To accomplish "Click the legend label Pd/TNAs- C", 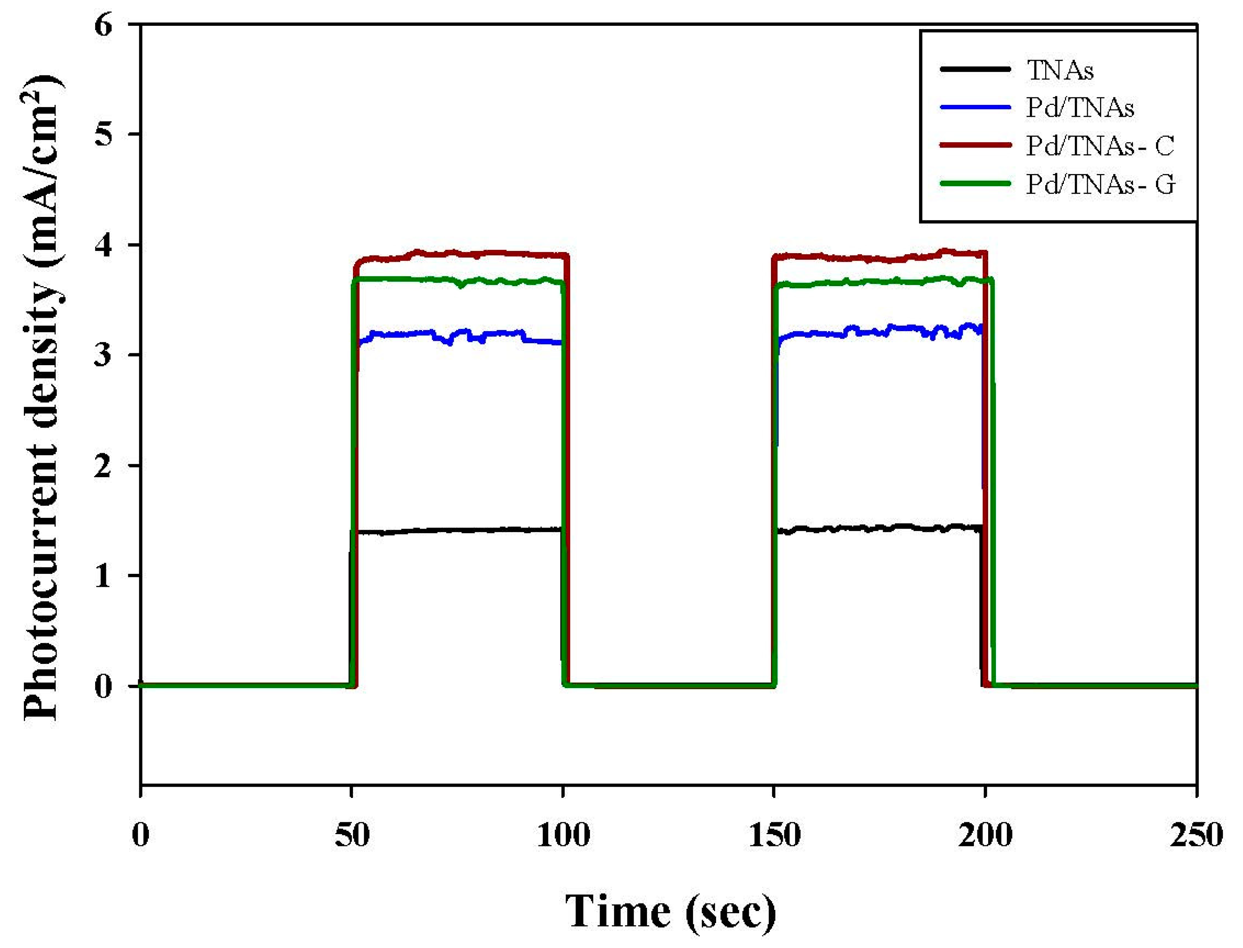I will coord(1099,146).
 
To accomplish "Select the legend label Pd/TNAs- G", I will coord(1100,184).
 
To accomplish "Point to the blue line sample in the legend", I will coord(975,107).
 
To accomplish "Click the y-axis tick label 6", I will coord(104,26).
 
